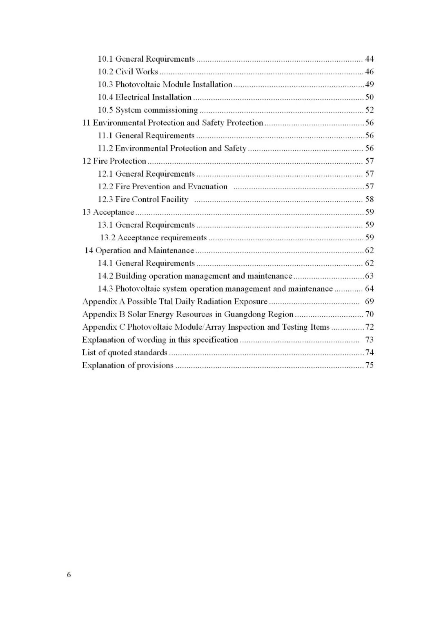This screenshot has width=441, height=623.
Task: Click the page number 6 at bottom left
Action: point(69,575)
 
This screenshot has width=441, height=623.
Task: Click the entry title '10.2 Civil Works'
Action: point(127,72)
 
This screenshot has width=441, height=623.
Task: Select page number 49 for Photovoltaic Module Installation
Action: point(369,84)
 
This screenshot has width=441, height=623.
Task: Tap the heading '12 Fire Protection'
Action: point(114,161)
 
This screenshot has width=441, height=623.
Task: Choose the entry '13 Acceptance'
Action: point(108,212)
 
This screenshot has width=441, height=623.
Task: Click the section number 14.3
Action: point(105,289)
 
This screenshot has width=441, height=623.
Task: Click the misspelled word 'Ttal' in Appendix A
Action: point(166,302)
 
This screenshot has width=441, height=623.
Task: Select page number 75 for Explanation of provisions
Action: point(369,366)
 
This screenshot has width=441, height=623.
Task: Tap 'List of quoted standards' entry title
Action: point(125,353)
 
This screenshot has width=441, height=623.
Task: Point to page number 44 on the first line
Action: point(369,59)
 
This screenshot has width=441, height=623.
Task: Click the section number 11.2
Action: point(105,149)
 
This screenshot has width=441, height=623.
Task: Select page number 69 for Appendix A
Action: point(369,302)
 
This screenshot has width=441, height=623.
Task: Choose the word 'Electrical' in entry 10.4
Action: point(133,98)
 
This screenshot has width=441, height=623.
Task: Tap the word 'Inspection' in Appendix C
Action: point(246,327)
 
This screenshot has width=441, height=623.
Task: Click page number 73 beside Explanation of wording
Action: point(369,340)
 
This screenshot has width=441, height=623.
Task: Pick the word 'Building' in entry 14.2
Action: point(131,276)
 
